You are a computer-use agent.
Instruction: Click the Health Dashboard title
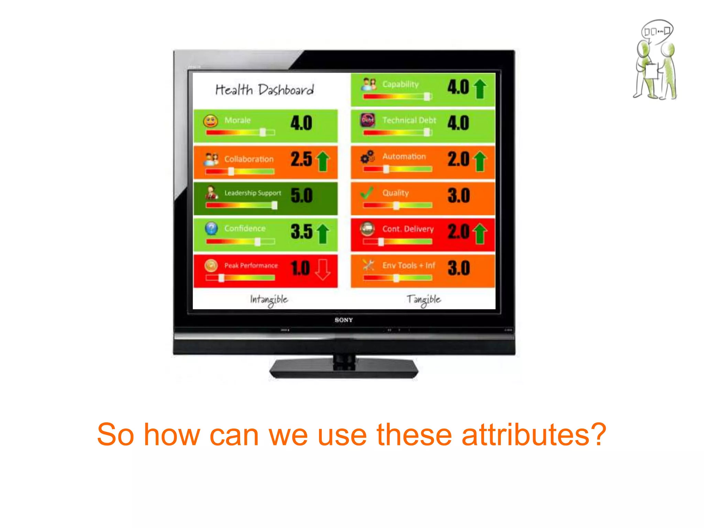coord(264,90)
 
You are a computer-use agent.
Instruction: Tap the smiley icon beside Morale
coord(210,121)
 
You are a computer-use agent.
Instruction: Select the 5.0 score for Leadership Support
coord(301,196)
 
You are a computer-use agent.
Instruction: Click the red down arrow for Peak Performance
coord(322,269)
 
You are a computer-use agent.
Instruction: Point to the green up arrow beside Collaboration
coord(322,161)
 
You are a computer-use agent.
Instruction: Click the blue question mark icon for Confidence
coord(211,228)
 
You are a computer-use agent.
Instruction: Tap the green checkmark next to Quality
coord(367,193)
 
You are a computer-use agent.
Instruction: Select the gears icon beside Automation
coord(367,157)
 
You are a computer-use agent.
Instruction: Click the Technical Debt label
coord(409,120)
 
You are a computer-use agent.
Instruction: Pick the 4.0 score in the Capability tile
coord(458,87)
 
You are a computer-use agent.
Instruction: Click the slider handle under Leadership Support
coord(274,205)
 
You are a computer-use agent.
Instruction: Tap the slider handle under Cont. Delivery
coord(381,242)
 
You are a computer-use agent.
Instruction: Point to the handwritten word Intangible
coord(269,300)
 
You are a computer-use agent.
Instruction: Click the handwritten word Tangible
coord(423,300)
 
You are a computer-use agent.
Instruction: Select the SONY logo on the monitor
coord(344,320)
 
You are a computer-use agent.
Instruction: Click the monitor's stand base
coord(344,370)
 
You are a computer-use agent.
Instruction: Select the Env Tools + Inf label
coord(409,265)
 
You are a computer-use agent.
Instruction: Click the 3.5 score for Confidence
coord(301,232)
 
